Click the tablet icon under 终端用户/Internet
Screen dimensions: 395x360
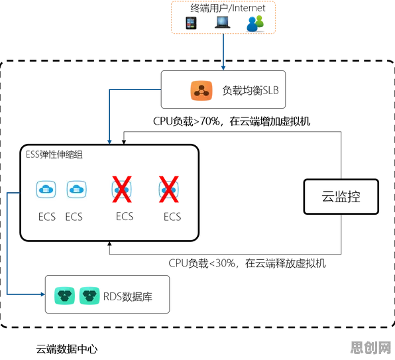tap(191, 23)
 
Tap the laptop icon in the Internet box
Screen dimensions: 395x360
tap(223, 22)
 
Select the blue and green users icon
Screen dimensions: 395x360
tap(255, 23)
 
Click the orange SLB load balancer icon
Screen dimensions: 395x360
tap(201, 91)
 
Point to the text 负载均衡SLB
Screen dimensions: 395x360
tap(251, 90)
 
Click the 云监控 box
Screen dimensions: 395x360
tap(341, 196)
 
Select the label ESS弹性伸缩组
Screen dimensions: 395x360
tap(54, 154)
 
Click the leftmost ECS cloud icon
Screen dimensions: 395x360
tap(46, 189)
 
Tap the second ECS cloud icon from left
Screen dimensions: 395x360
tap(77, 189)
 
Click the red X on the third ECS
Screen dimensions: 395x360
tap(122, 190)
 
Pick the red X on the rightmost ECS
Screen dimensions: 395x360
tap(169, 190)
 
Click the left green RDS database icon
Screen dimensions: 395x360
tap(64, 296)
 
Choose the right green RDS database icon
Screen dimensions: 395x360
tap(89, 296)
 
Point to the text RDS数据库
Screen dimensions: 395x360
tap(128, 296)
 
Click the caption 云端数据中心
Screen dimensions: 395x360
tap(67, 349)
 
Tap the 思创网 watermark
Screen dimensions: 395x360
tap(370, 347)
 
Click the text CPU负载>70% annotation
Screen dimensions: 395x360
tap(231, 121)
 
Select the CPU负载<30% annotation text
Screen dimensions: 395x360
tap(247, 263)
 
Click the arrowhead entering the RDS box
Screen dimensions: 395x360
tap(43, 294)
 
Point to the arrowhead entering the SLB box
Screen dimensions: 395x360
tap(223, 68)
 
